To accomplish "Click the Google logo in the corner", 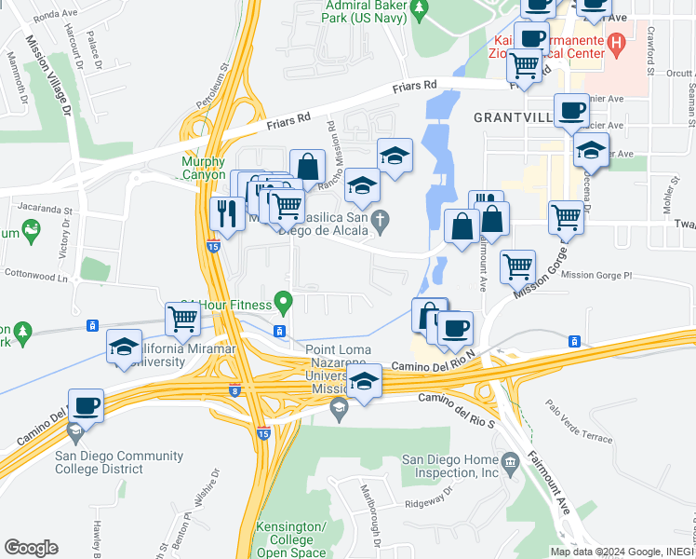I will click(32, 548).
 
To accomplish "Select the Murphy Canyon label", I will click(203, 168).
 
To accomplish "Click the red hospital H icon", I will click(615, 44).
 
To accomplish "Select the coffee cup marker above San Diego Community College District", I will click(86, 405).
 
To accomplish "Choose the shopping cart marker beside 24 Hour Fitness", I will click(183, 319).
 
